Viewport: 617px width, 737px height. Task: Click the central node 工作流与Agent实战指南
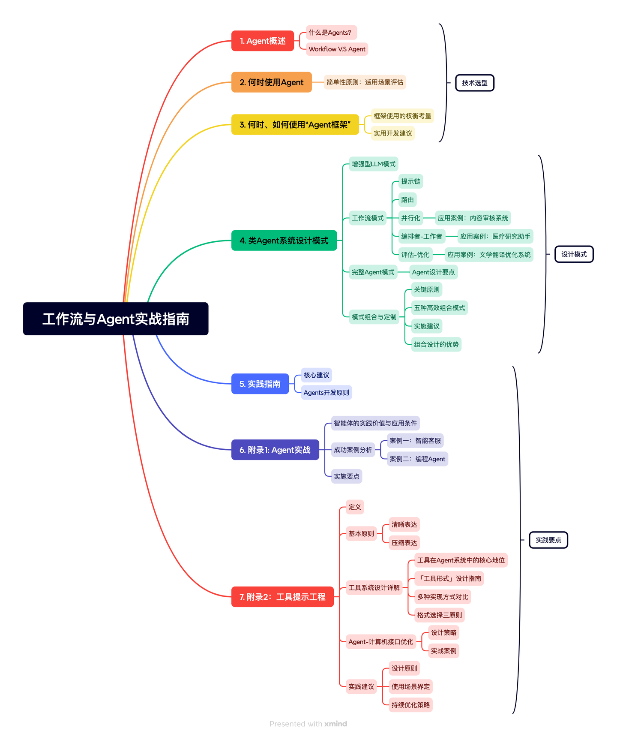pos(116,319)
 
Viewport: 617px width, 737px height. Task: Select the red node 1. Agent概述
pos(263,41)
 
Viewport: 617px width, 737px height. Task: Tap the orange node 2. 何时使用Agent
pos(271,82)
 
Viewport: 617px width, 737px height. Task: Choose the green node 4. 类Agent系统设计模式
pos(284,241)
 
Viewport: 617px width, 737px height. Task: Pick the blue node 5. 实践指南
pos(260,384)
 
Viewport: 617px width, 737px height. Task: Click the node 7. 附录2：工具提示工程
pos(282,597)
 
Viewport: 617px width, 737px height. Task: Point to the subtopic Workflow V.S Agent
pos(337,49)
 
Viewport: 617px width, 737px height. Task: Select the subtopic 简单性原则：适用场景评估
pos(365,82)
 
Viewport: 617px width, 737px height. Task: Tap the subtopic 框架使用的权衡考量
pos(402,116)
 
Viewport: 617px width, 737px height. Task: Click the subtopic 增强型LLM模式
pos(374,164)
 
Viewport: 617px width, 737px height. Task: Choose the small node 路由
pos(407,200)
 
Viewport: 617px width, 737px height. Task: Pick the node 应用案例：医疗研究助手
pos(495,236)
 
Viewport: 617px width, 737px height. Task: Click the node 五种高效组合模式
pos(439,308)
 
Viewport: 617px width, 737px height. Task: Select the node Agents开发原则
pos(326,393)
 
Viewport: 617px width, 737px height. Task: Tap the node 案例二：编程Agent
pos(417,459)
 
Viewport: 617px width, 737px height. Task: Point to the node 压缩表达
pos(404,543)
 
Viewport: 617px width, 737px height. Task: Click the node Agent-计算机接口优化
pos(381,642)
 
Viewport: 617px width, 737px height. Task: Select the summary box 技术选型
pos(475,83)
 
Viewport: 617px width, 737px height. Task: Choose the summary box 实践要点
pos(548,540)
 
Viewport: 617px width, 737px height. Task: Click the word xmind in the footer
pos(335,724)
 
